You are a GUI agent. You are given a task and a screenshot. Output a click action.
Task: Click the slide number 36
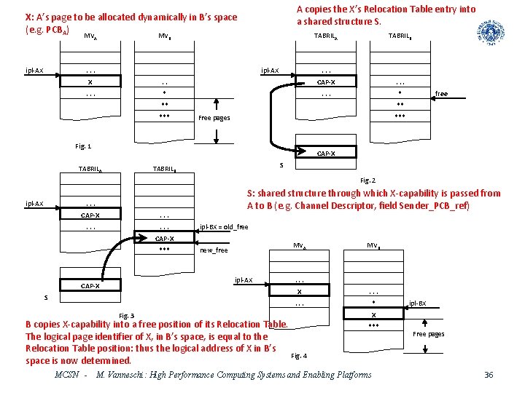pos(489,375)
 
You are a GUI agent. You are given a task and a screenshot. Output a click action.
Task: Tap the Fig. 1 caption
pos(83,146)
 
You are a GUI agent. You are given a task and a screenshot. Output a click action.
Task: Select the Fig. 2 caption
pos(367,180)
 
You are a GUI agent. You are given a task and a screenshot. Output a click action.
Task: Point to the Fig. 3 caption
pos(126,315)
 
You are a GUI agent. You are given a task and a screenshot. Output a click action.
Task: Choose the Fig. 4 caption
pos(299,356)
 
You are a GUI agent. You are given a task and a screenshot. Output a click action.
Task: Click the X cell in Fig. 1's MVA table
pos(90,82)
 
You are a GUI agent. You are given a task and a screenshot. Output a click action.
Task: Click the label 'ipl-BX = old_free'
pos(224,226)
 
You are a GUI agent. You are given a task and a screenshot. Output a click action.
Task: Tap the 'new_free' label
pos(213,250)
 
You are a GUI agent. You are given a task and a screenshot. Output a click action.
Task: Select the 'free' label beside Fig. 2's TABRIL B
pos(441,94)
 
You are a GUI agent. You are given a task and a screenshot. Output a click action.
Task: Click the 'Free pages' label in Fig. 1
pos(214,118)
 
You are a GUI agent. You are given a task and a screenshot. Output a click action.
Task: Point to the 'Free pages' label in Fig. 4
pos(428,334)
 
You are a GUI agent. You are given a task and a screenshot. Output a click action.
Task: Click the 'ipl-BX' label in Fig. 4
pos(418,303)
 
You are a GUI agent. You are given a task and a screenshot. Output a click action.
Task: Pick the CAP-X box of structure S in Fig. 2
pos(326,154)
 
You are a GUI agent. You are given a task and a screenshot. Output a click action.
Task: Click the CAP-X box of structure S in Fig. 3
pos(90,286)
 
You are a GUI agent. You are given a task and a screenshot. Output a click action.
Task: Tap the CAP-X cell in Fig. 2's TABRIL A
pos(326,82)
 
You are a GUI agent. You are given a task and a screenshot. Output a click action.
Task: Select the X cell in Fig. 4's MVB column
pos(374,314)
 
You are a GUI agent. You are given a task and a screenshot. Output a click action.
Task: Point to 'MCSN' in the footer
pos(68,375)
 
